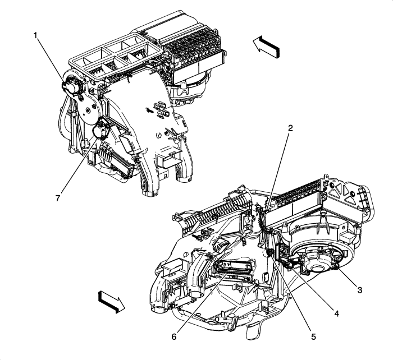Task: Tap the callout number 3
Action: coord(359,290)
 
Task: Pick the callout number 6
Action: coord(175,337)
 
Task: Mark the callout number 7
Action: coord(57,199)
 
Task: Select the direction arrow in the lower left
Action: coord(110,301)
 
